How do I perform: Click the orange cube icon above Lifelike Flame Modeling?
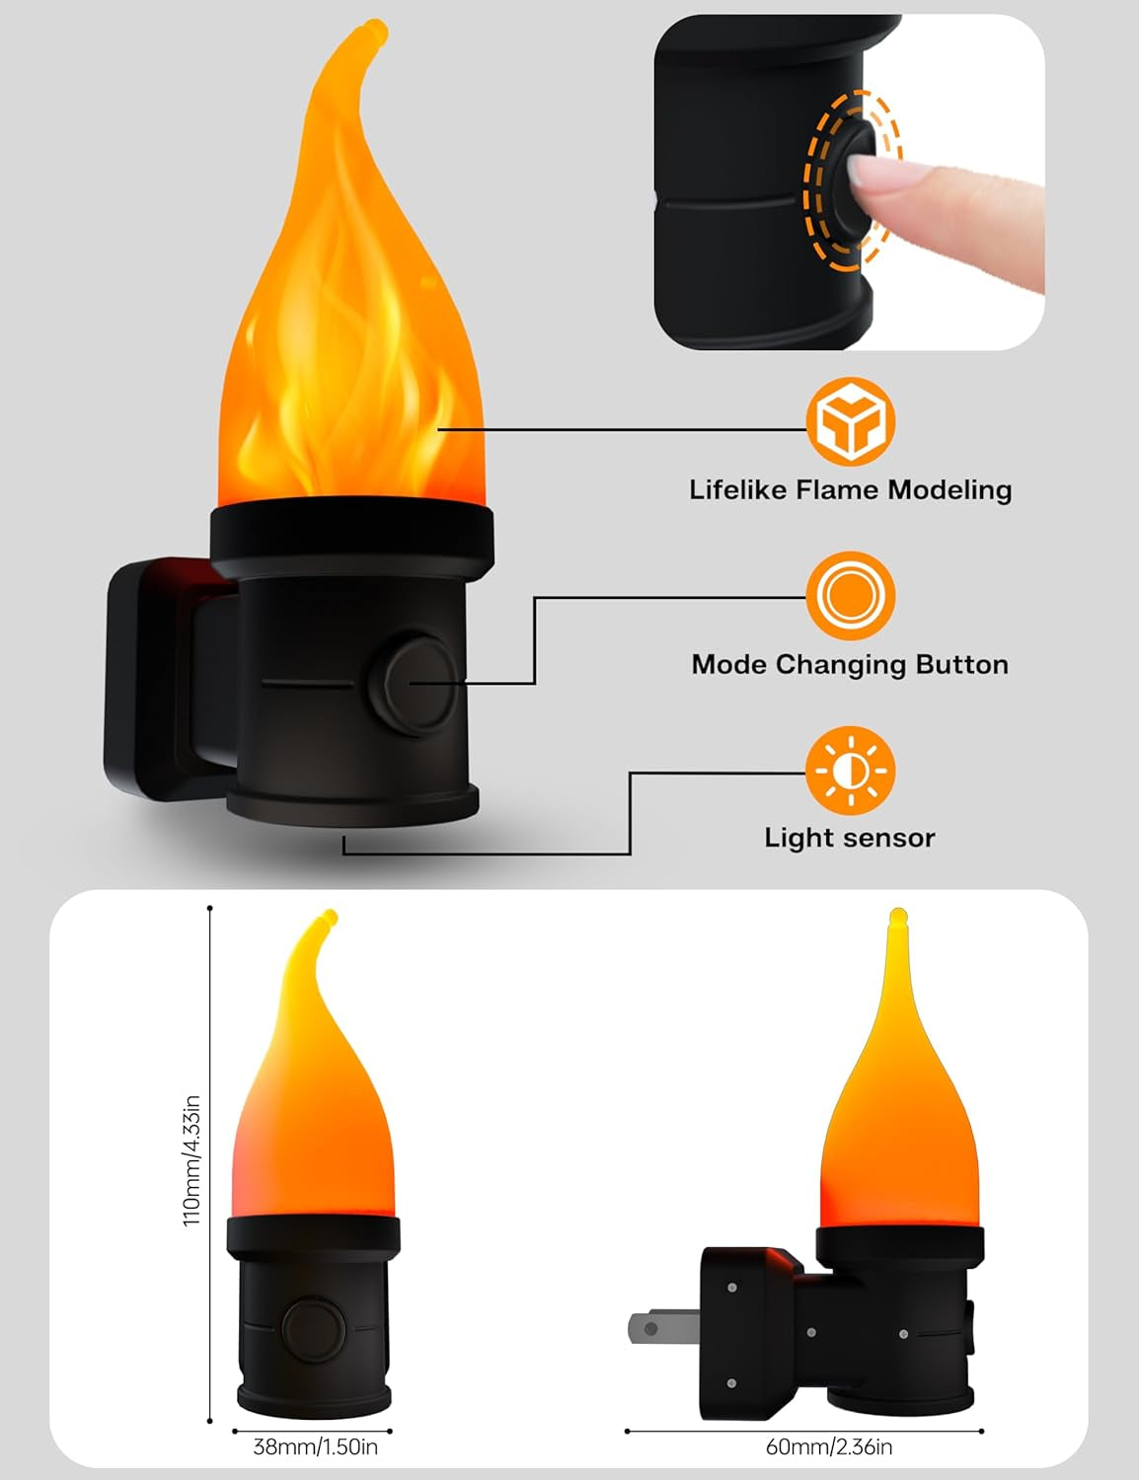pos(850,421)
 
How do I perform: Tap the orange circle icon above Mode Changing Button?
pos(850,596)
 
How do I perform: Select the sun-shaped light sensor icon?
pos(850,771)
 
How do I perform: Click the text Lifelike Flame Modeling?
pos(850,489)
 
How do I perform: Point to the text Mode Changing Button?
pos(850,664)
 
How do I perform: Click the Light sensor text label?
pos(850,838)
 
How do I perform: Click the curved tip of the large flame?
pos(371,31)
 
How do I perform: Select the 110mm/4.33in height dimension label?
pos(192,1160)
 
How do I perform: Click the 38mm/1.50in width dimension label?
pos(315,1446)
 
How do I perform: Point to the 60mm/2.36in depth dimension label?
pos(829,1446)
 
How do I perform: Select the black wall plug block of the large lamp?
pos(148,681)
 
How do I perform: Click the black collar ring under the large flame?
pos(351,533)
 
